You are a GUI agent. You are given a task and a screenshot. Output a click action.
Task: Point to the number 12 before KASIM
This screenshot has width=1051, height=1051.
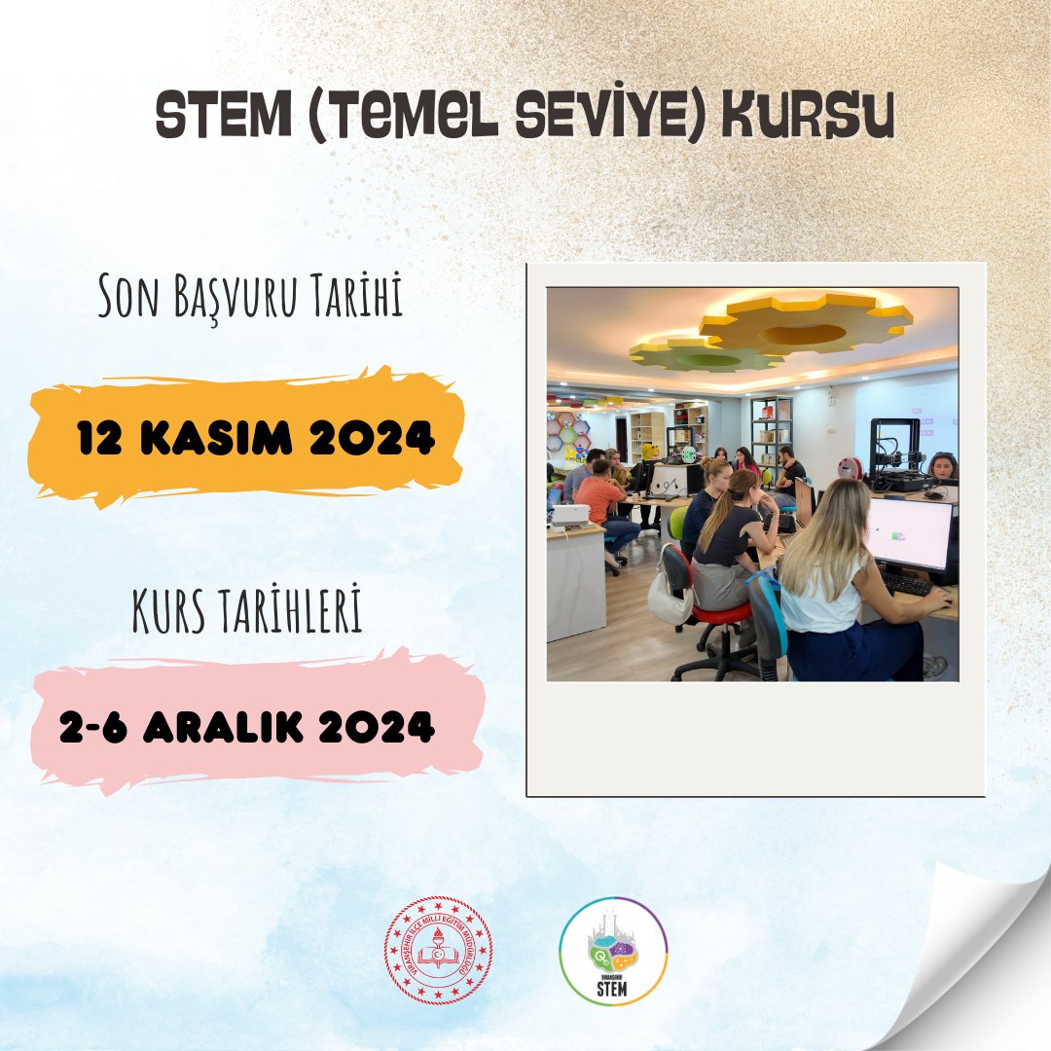100,440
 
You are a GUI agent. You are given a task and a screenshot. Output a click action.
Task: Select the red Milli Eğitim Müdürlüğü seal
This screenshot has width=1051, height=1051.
438,950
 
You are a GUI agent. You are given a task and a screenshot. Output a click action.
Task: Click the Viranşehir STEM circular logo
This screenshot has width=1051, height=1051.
613,951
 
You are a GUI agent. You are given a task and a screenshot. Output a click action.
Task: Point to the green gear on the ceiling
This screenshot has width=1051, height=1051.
706,355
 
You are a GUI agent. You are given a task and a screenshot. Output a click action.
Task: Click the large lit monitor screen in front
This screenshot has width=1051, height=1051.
909,533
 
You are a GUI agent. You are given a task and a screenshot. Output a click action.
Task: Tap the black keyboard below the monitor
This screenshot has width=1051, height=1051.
905,583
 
